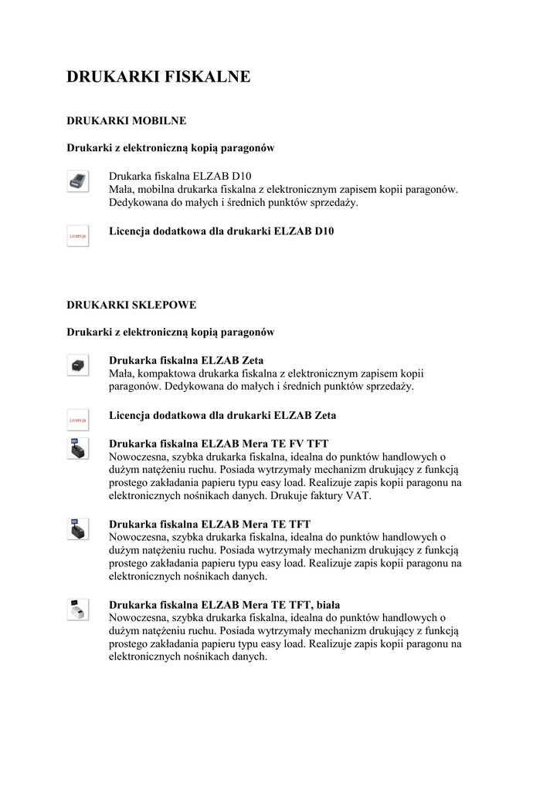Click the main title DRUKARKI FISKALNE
coord(158,77)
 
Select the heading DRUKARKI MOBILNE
coord(126,121)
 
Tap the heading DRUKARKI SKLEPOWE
coord(131,305)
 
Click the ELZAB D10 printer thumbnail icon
coord(77,181)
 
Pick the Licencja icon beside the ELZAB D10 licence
coord(77,235)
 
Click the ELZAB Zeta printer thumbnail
coord(77,366)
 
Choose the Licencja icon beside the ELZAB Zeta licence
coord(77,420)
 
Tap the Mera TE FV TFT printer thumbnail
coord(77,448)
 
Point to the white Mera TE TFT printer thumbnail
coord(77,609)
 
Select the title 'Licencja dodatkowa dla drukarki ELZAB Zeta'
coord(222,415)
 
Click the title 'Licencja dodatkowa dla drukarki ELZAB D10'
coord(222,231)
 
